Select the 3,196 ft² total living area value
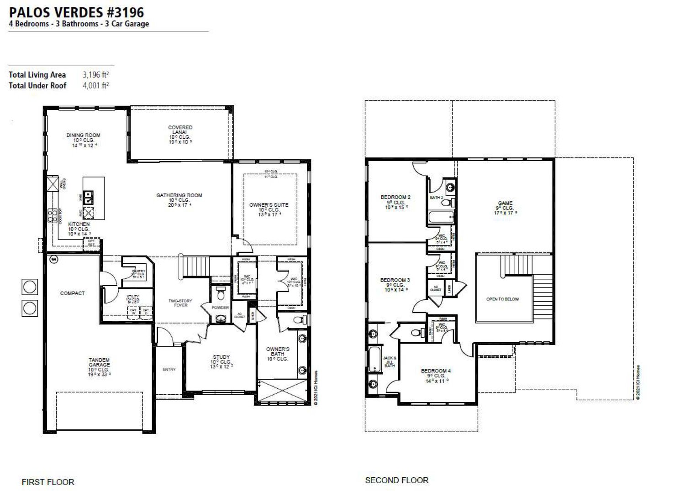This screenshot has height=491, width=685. pos(95,75)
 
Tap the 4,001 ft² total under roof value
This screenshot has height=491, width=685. pos(95,85)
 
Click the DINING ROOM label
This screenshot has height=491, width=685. pos(83,136)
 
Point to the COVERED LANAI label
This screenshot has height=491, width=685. pos(180,130)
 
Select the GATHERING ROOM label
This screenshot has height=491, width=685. pos(179,195)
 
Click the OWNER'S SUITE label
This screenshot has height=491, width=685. pos(269,205)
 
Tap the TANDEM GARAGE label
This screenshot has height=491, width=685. pos(99,362)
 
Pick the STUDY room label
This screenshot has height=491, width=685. pos(221,357)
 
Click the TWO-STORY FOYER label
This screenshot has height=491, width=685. pos(180,303)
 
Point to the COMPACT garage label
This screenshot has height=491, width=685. pos(73,293)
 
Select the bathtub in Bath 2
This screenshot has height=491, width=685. pos(441,217)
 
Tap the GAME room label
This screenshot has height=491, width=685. pos(505,203)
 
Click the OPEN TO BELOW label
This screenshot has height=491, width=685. pos(502,299)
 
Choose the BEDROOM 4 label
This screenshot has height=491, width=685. pos(436,371)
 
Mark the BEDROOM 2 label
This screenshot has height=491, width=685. pos(395,198)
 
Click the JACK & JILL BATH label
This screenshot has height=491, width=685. pos(389,362)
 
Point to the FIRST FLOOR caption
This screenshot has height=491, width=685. pos(48,482)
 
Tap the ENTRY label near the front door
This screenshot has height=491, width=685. pos(169,370)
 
